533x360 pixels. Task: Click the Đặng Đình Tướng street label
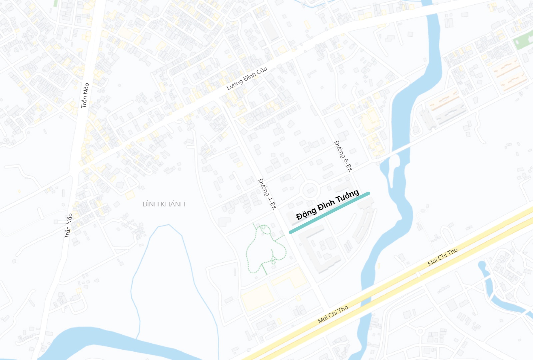[327, 205]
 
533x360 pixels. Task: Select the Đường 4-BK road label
[268, 194]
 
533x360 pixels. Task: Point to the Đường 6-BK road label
[343, 156]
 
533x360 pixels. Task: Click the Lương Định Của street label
[247, 78]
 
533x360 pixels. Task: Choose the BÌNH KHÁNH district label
[164, 204]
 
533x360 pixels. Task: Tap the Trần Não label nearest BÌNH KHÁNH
[68, 226]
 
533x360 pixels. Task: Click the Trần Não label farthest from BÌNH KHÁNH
[85, 95]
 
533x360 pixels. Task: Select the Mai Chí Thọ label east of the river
[442, 257]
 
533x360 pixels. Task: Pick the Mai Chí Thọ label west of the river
[333, 314]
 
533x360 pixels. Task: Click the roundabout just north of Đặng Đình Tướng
[310, 190]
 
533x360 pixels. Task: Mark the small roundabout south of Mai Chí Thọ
[420, 331]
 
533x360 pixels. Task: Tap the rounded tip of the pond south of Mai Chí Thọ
[481, 265]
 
